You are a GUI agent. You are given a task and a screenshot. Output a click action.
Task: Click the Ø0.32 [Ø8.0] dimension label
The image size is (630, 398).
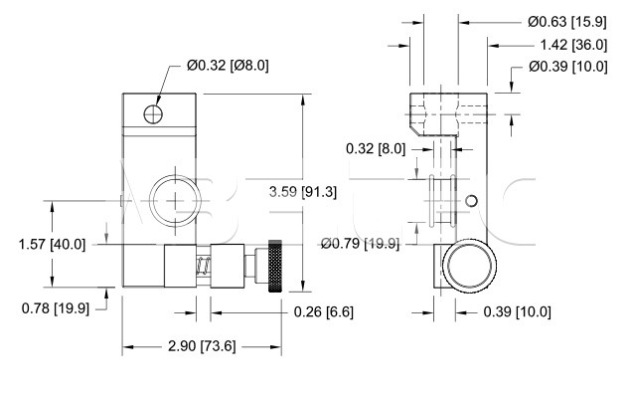pos(228,66)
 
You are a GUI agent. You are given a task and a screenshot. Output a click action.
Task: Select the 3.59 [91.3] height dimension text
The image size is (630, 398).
pos(303,192)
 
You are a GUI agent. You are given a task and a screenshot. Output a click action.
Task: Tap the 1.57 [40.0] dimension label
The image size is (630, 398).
pos(53,245)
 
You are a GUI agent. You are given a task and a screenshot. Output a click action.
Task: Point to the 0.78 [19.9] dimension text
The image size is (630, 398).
pos(56,308)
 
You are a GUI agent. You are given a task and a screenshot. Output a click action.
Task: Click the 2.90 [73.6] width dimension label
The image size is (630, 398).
pos(202,346)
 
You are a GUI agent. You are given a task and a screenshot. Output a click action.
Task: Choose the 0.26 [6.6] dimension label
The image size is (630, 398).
pos(324,311)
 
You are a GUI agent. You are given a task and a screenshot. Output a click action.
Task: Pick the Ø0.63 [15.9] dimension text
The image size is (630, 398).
pos(567,22)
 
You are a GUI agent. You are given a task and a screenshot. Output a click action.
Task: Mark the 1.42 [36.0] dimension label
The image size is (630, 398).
pos(573,45)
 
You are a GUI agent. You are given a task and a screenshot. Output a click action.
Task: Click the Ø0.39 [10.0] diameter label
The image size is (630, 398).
pos(568,67)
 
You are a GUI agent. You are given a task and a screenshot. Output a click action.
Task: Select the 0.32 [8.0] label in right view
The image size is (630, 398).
pos(376,149)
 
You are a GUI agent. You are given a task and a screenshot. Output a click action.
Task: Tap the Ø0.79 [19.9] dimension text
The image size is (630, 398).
pos(361,244)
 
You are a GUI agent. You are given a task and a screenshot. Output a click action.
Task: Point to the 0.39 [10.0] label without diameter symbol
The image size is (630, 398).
pos(517,311)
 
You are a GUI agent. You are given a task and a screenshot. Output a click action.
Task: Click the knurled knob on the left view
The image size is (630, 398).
pos(275,266)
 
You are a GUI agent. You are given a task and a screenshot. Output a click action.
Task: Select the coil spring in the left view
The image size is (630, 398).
pos(204,266)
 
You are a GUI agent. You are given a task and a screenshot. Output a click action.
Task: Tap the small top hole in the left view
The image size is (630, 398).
pos(153,114)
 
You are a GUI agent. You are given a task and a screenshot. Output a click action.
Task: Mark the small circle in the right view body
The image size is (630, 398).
pos(471,201)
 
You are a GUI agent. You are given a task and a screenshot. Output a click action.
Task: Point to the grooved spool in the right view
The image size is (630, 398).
pos(442,201)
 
